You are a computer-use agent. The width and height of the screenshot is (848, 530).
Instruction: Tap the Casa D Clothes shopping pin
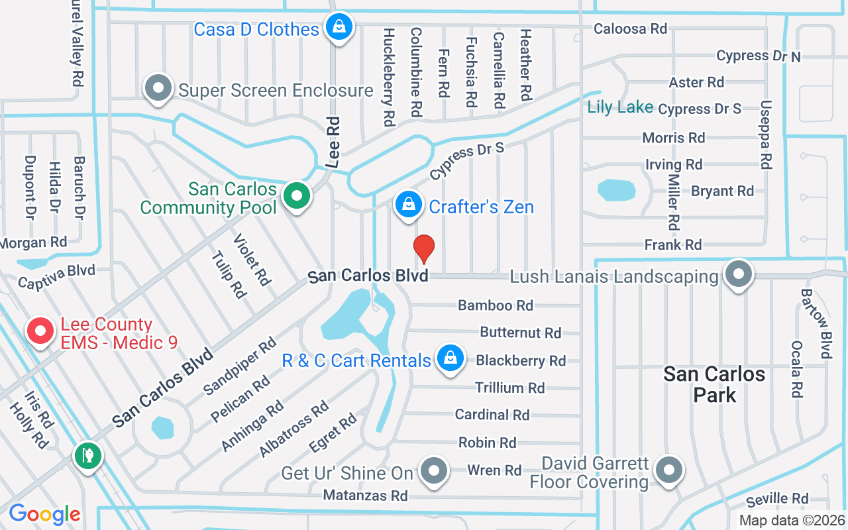coord(339,28)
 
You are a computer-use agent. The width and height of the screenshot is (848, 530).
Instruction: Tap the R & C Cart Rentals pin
coord(450,358)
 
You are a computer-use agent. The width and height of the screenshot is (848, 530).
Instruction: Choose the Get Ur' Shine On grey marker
coord(434,471)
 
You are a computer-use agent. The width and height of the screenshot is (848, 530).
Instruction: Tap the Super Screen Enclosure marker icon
coord(159,89)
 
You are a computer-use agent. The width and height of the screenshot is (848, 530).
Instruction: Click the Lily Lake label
coord(620,107)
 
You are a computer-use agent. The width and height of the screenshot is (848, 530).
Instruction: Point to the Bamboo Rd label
coord(496,305)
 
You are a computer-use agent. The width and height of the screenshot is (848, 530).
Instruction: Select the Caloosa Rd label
coord(630,28)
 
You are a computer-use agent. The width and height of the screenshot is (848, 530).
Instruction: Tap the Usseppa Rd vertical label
coord(767,134)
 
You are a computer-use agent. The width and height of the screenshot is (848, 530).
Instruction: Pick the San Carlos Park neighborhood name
coord(714,384)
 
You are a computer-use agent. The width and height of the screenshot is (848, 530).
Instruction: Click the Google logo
coord(44,514)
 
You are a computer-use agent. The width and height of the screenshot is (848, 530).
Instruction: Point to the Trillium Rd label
coord(509,388)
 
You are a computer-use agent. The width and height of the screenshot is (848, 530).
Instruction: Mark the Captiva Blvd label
coord(56,277)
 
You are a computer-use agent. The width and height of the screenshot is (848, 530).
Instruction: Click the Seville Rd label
coord(777,499)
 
